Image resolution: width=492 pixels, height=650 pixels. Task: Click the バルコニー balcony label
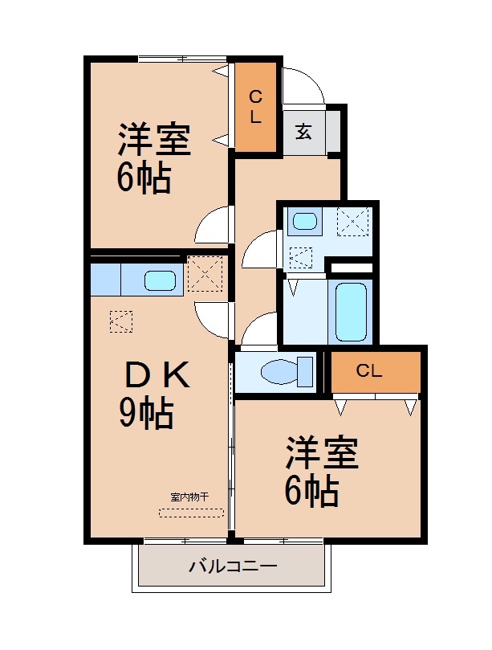tap(233, 566)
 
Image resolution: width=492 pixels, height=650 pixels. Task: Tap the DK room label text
tap(157, 375)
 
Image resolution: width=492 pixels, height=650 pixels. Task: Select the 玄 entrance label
tap(303, 132)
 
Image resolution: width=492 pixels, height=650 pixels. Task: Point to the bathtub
tap(350, 312)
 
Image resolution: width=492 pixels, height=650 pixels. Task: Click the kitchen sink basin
tap(159, 280)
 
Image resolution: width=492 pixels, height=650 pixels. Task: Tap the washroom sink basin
tap(304, 220)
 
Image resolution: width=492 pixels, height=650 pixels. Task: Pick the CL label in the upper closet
tap(255, 106)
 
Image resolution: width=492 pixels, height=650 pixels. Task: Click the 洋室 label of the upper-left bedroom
tap(155, 140)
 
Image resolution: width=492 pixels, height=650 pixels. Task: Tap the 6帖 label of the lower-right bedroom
tap(311, 490)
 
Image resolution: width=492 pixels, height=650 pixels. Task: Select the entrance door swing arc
tap(303, 84)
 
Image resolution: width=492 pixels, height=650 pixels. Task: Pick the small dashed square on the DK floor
tap(121, 321)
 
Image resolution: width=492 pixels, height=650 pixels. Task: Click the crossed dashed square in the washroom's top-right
tap(353, 220)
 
